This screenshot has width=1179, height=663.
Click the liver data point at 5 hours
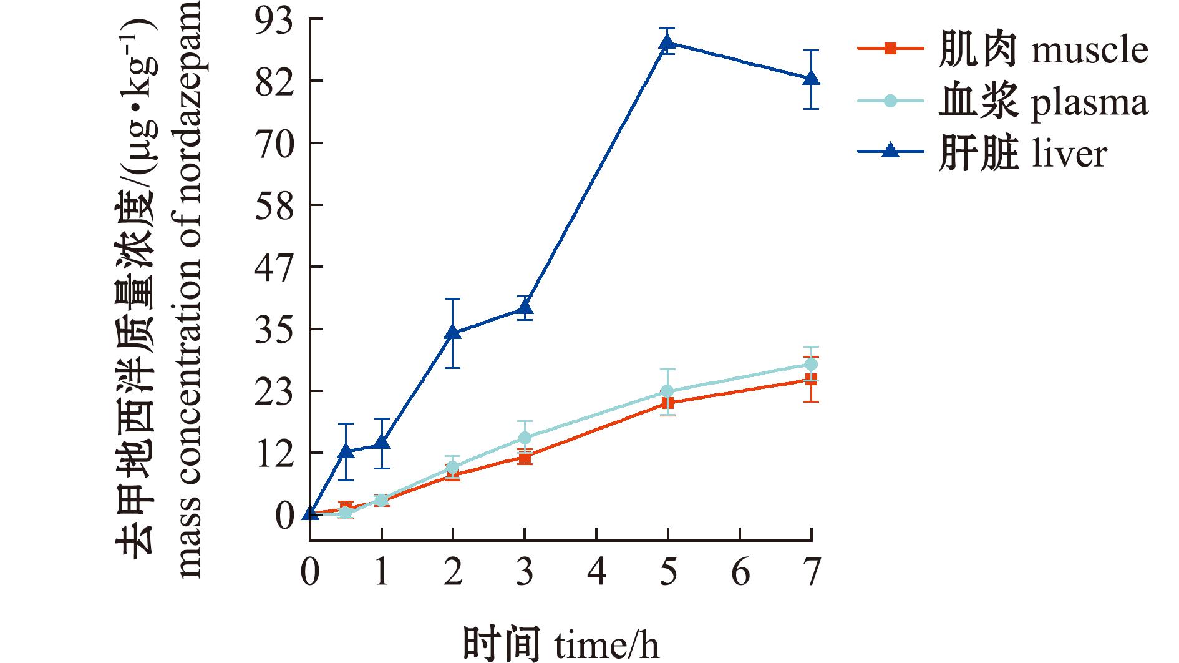pos(667,42)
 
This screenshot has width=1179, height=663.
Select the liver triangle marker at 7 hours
pos(810,79)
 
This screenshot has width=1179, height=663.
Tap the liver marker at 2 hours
pos(453,333)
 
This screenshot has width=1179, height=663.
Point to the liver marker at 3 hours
pos(525,308)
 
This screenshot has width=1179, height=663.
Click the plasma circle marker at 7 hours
pos(810,365)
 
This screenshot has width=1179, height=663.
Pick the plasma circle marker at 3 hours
pos(525,438)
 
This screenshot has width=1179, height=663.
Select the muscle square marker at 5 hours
pos(667,403)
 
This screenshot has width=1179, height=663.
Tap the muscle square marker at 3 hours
pos(525,458)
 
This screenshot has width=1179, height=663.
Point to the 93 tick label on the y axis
pos(275,20)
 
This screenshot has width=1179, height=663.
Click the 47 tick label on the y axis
pos(275,267)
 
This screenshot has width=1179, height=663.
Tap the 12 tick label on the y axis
pos(275,453)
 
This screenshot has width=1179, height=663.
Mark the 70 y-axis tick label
pos(275,144)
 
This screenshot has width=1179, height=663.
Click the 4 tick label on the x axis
pos(597,572)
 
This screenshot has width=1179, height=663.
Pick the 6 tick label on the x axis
pos(740,572)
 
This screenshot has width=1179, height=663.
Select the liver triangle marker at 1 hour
pos(382,443)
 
